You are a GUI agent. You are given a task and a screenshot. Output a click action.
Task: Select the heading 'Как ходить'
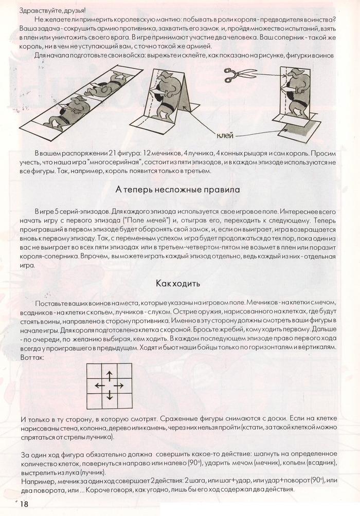177,283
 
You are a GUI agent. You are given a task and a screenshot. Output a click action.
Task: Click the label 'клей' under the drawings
225,135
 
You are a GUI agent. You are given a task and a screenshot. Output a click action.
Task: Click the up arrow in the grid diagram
109,374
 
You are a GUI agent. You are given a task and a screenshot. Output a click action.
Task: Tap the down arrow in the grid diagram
109,395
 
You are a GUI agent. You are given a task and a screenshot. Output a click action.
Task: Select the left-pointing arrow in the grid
99,385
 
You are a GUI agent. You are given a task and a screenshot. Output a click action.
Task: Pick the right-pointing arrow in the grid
119,385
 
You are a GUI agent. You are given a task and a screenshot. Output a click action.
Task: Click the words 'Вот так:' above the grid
33,357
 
